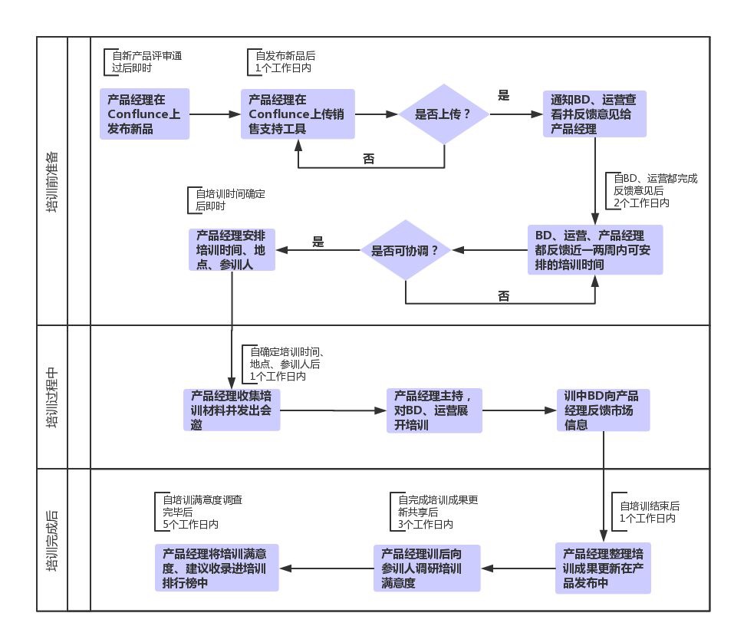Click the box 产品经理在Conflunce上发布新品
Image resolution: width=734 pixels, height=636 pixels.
[144, 114]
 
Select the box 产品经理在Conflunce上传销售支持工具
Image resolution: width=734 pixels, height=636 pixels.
[298, 114]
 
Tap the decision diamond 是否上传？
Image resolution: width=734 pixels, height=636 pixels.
[444, 114]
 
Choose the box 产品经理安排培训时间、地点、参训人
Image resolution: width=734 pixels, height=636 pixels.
[232, 249]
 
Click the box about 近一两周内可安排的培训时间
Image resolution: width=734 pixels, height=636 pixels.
[594, 249]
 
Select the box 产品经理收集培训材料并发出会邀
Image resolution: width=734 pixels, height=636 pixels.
[232, 410]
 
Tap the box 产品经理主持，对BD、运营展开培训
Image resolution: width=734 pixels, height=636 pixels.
[434, 410]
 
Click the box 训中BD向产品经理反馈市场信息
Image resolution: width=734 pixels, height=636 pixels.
[603, 410]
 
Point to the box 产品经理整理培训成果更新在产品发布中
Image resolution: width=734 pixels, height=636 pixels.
[603, 568]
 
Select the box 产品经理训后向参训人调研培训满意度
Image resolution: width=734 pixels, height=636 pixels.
[427, 568]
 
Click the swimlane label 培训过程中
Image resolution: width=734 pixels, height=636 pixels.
[52, 397]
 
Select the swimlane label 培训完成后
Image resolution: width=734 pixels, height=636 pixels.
[52, 540]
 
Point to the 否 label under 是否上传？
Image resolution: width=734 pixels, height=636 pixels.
[369, 159]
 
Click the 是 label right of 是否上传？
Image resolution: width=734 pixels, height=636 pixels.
[504, 96]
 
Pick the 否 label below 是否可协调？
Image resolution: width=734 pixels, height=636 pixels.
[503, 295]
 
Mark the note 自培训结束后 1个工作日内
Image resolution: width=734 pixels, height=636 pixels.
[648, 512]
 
